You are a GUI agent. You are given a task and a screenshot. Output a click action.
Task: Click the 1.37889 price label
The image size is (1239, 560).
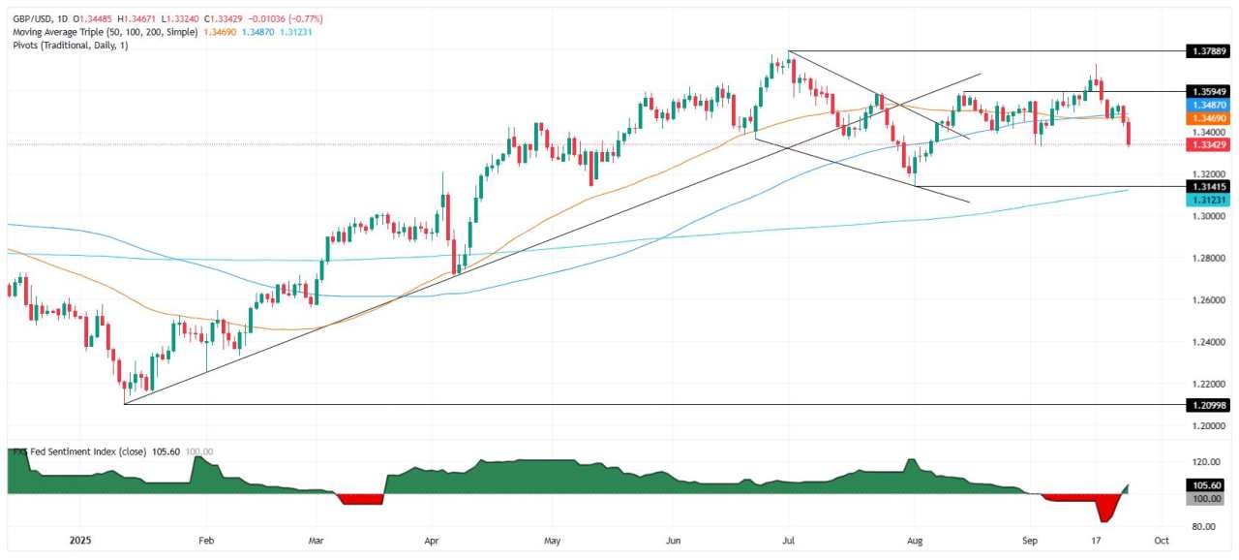click(x=1204, y=50)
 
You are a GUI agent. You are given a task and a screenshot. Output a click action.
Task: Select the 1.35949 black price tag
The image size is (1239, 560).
click(x=1204, y=90)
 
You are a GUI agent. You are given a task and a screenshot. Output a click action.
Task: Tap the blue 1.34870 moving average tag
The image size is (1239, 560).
click(x=1204, y=104)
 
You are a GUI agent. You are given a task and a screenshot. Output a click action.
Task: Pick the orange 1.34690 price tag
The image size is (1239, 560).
click(x=1204, y=117)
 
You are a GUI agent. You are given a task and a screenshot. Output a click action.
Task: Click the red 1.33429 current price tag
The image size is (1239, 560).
click(x=1204, y=144)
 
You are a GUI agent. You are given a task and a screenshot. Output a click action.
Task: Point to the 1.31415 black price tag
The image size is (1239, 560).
click(x=1204, y=186)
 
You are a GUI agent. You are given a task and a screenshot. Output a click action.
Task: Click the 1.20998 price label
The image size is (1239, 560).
click(x=1204, y=404)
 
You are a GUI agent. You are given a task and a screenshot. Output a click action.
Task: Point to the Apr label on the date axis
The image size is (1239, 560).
click(x=431, y=540)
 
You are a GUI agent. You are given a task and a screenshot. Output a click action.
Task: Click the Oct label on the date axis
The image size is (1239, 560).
click(x=1162, y=540)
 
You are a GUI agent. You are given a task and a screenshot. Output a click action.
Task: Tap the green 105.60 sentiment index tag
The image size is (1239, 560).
click(x=1204, y=485)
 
